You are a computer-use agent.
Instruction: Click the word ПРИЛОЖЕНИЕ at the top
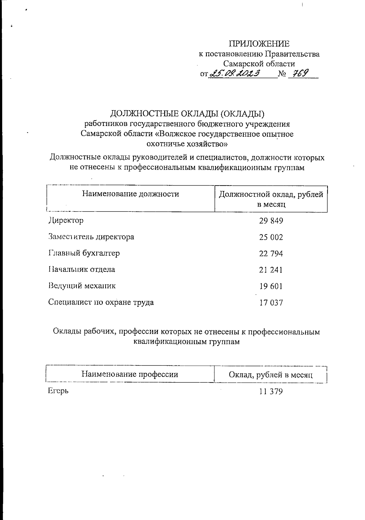259,44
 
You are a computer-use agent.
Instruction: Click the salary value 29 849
271,221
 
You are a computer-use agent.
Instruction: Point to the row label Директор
66,220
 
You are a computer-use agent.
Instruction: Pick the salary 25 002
271,237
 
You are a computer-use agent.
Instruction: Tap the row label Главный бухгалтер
84,253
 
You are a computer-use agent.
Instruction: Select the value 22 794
271,253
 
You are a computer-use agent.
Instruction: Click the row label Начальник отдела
82,269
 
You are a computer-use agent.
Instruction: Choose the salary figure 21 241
271,270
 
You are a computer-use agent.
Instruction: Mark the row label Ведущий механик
82,286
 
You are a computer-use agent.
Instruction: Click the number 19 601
271,286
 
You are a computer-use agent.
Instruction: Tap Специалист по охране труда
101,302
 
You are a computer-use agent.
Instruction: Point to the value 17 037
271,303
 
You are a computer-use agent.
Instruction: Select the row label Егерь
58,391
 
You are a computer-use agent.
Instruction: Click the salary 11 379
271,391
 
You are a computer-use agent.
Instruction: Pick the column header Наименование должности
130,194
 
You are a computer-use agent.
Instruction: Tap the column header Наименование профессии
130,374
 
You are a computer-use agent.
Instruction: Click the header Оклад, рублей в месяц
271,375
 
